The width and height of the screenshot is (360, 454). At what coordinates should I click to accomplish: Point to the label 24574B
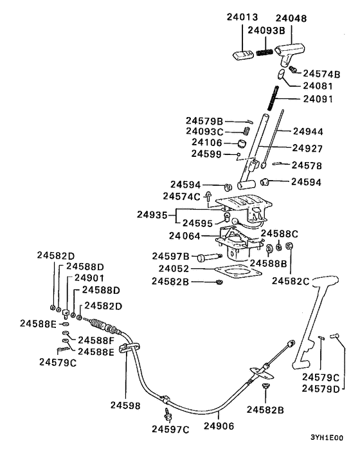pos(321,73)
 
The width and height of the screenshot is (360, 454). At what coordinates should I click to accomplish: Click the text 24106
pos(204,142)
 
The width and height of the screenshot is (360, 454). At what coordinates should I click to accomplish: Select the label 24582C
pos(291,280)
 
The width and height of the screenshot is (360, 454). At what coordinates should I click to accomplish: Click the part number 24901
pos(89,278)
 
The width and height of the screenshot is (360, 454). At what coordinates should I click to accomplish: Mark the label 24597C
pos(170,428)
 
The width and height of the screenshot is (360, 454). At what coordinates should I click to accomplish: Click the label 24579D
pos(321,388)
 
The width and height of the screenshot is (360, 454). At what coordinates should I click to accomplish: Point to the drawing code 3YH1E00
pos(326,437)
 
